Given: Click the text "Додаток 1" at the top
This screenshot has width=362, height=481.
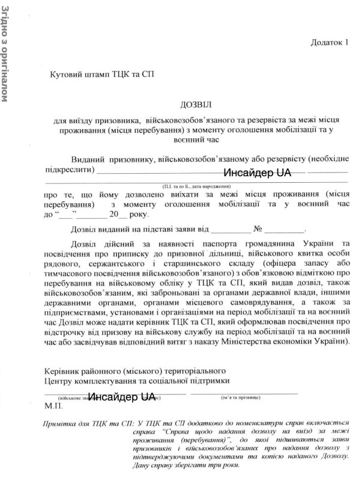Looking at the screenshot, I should coord(330,43).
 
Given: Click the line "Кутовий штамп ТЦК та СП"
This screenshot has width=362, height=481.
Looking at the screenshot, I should coord(103,75).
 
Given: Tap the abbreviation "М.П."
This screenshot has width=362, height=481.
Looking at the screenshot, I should coord(53,406).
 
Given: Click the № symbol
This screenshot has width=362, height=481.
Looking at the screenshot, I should coord(259,228).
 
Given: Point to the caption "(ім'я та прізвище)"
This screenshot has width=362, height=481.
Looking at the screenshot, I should coord(241,398).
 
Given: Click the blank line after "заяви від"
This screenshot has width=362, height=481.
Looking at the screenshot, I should coord(231,229).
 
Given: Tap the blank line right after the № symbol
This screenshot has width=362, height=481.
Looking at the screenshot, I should coord(285,229).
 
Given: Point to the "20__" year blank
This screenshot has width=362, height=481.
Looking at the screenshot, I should coord(117,214).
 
